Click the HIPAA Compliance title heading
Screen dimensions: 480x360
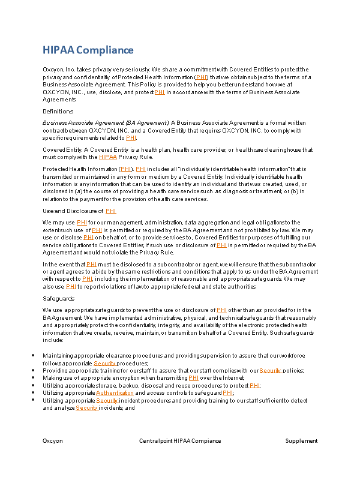(x=88, y=50)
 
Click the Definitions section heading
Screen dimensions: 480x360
(x=58, y=112)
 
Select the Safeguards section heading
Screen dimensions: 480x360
(x=58, y=298)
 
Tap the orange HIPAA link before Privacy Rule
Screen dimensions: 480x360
(x=108, y=157)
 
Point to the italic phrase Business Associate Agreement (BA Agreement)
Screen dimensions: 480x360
(x=106, y=122)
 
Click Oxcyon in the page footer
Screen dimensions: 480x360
(x=52, y=441)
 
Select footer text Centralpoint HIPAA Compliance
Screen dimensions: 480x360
(x=180, y=441)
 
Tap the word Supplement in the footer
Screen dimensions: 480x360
(x=301, y=441)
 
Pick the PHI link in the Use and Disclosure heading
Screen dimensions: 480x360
(x=111, y=211)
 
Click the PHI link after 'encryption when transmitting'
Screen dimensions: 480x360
(x=193, y=378)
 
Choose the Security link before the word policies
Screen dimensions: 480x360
(x=271, y=371)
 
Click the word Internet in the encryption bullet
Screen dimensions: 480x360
(x=232, y=378)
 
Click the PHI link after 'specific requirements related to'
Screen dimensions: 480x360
(x=131, y=138)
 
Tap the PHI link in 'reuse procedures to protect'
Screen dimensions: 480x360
(x=254, y=386)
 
